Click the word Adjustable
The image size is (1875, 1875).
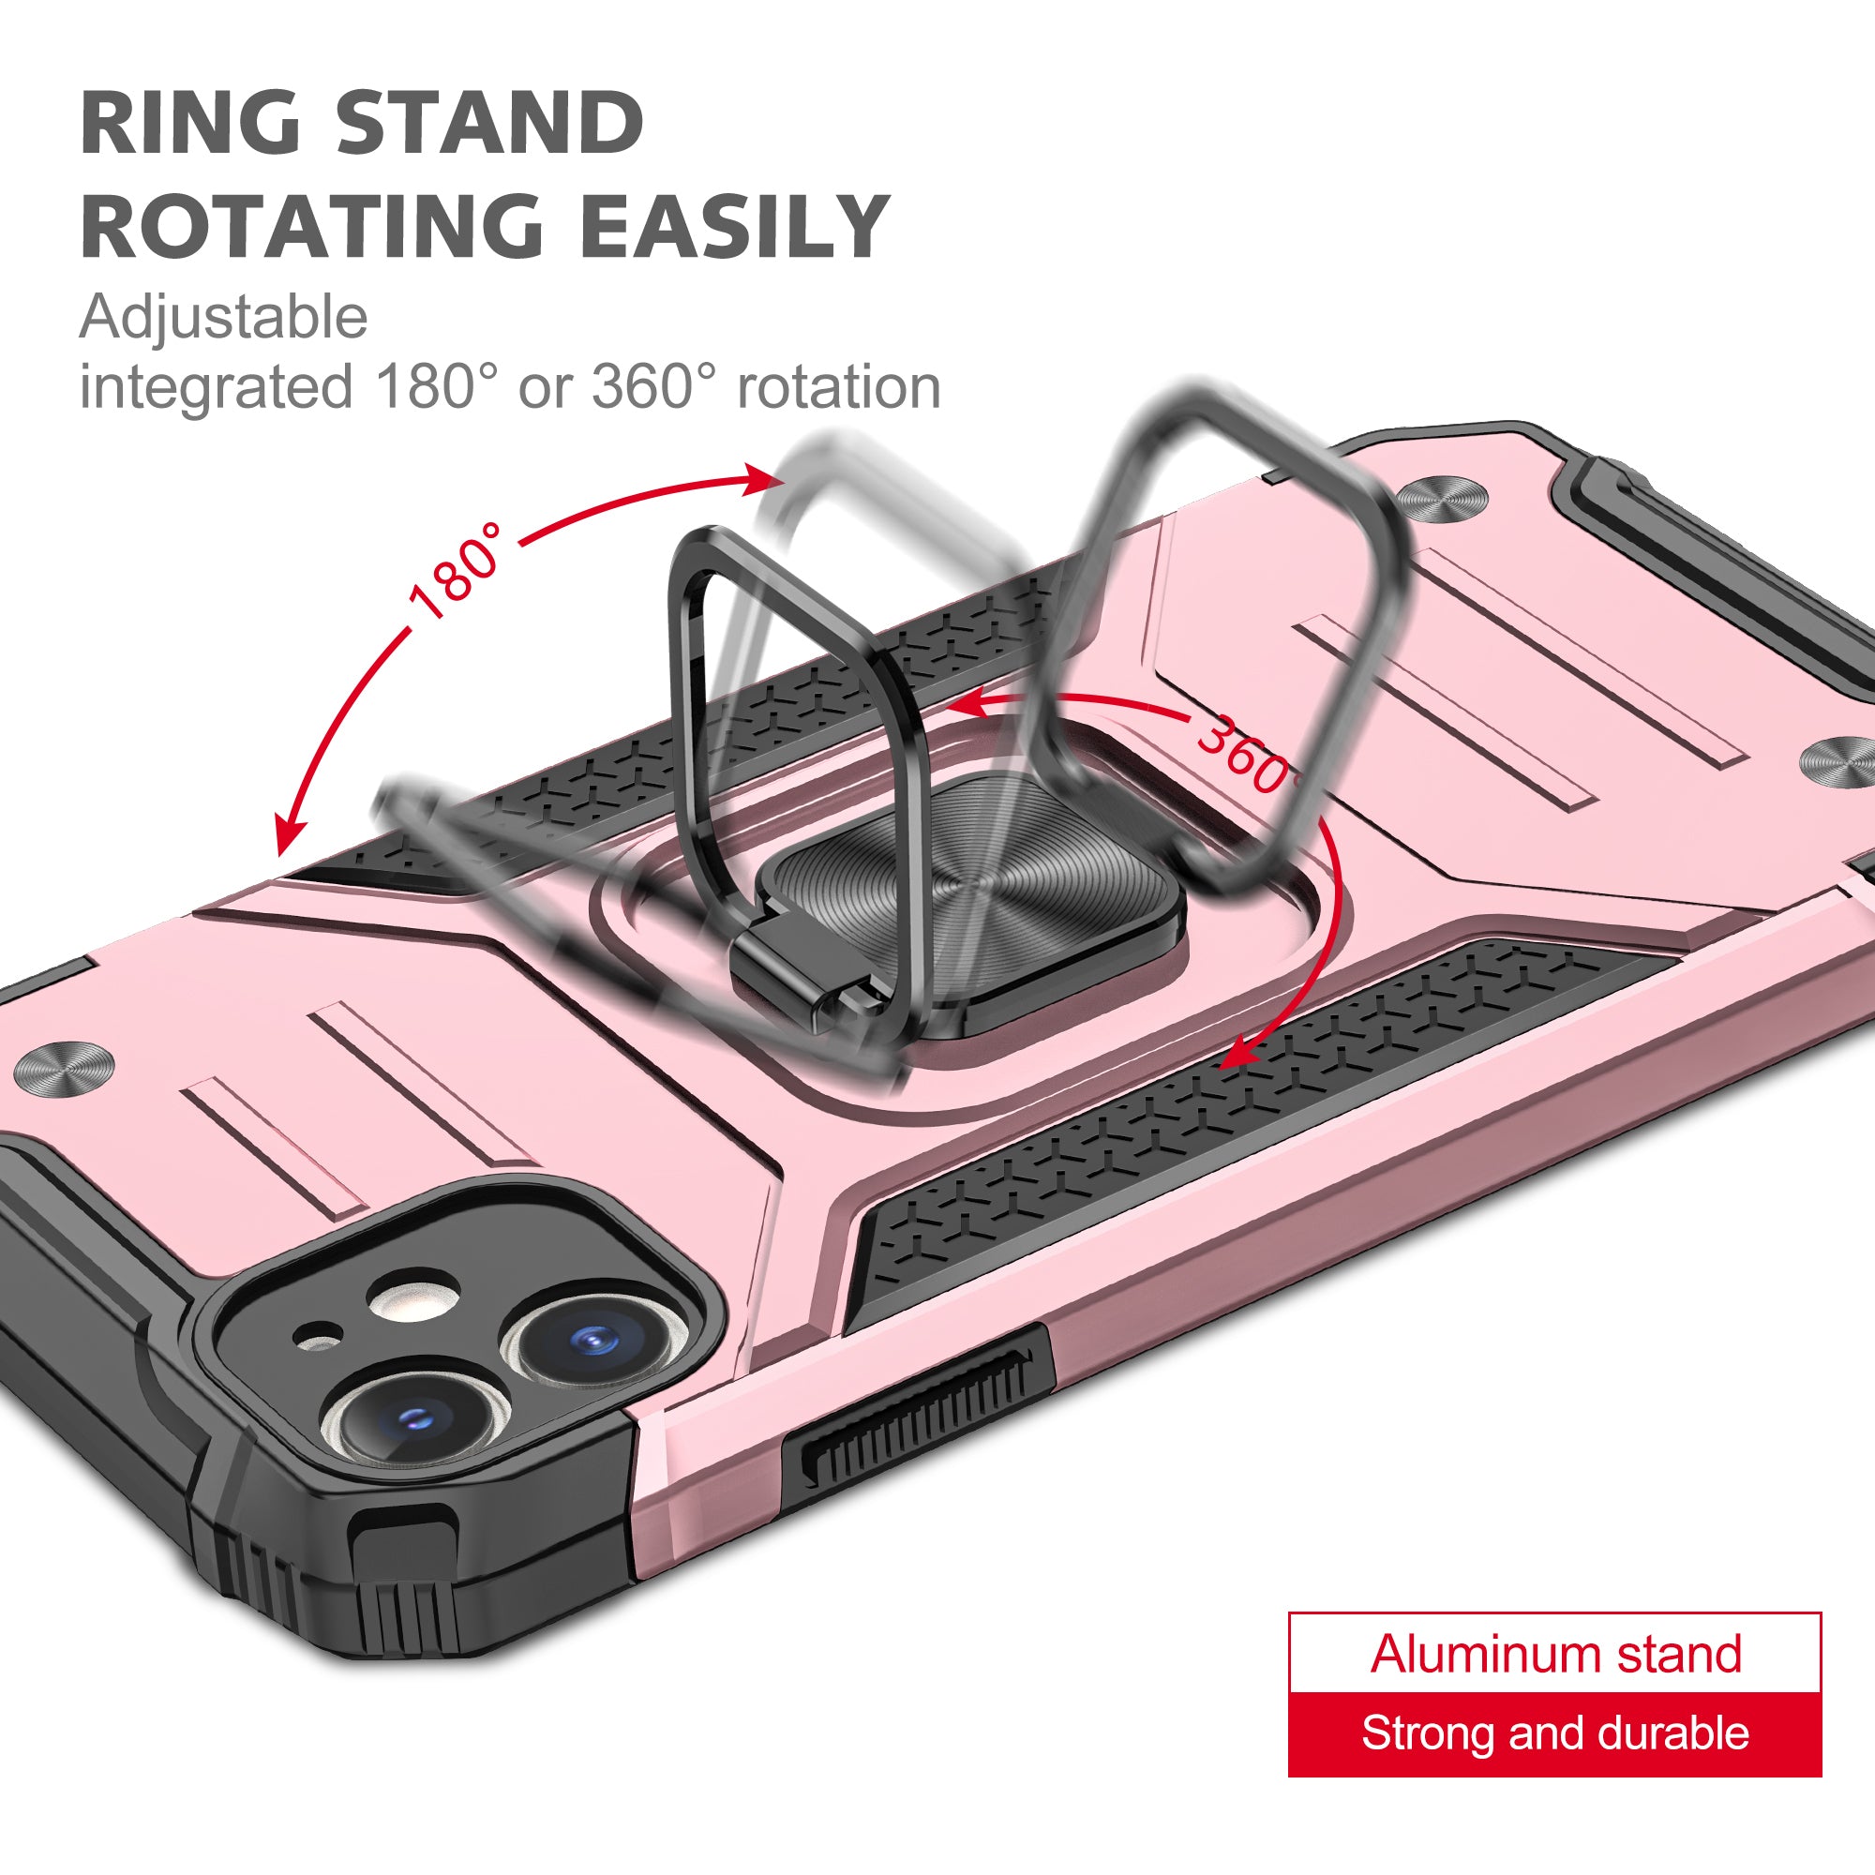[224, 320]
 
